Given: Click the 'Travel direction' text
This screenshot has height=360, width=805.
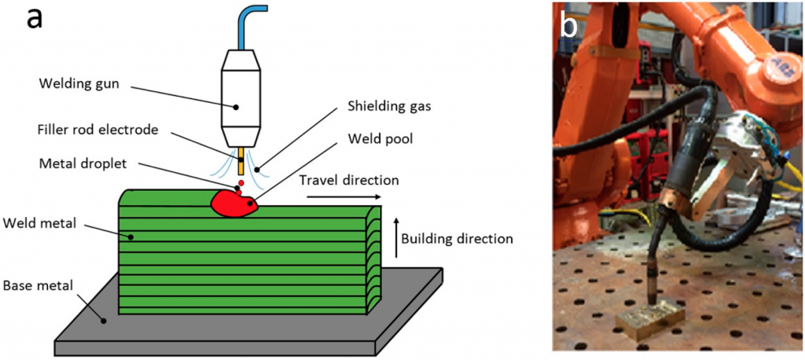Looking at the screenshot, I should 349,180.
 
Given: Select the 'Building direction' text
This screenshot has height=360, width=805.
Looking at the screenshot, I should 456,237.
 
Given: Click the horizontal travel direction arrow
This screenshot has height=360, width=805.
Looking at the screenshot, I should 344,197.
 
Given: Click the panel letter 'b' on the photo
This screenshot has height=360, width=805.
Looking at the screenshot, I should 568,25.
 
